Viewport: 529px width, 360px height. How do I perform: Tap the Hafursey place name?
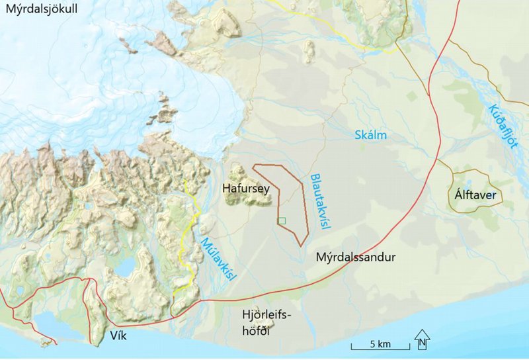pyautogui.click(x=246, y=189)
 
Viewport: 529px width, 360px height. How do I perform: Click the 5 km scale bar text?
pyautogui.click(x=380, y=344)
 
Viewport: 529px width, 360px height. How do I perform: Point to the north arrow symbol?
pyautogui.click(x=423, y=339)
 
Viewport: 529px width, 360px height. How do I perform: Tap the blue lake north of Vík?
pyautogui.click(x=126, y=268)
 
